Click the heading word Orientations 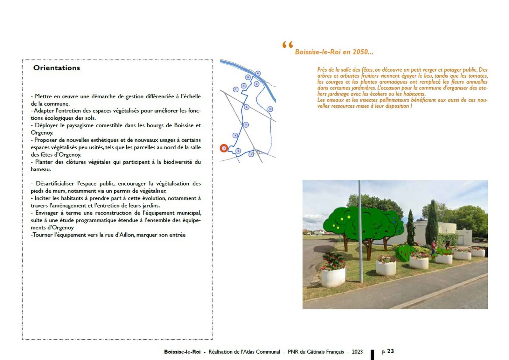tap(57, 68)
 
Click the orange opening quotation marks tap(287, 45)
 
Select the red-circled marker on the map tap(224, 148)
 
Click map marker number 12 tap(270, 109)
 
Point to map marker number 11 tap(258, 74)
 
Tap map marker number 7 tap(236, 89)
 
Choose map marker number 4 tap(235, 135)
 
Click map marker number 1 tap(251, 154)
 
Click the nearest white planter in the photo tap(333, 277)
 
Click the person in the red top tap(433, 247)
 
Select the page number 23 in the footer tap(390, 351)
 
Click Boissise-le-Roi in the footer tap(182, 352)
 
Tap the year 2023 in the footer tap(357, 352)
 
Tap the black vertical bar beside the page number tap(372, 355)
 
